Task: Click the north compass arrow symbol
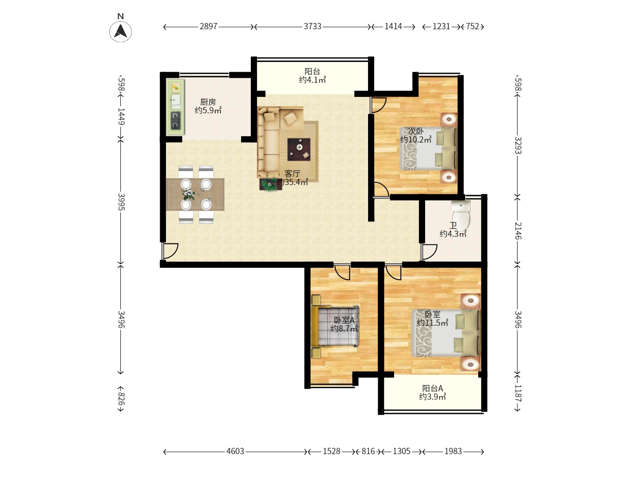pos(120,31)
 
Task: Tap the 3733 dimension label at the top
pos(313,27)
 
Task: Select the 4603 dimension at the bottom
pos(235,451)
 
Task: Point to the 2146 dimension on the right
pos(518,231)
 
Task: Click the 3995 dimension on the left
pos(121,202)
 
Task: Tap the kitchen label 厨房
pos(208,102)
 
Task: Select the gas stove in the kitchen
pos(175,120)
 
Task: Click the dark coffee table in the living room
pos(299,149)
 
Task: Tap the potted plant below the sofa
pos(270,185)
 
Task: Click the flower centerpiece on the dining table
pos(188,194)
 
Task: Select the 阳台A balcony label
pos(432,388)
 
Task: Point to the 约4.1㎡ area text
pos(312,80)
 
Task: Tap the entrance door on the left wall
pos(169,251)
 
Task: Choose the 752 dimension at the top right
pos(472,27)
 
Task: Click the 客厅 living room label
pos(292,173)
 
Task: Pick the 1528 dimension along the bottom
pos(331,451)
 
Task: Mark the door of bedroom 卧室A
pos(342,272)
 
